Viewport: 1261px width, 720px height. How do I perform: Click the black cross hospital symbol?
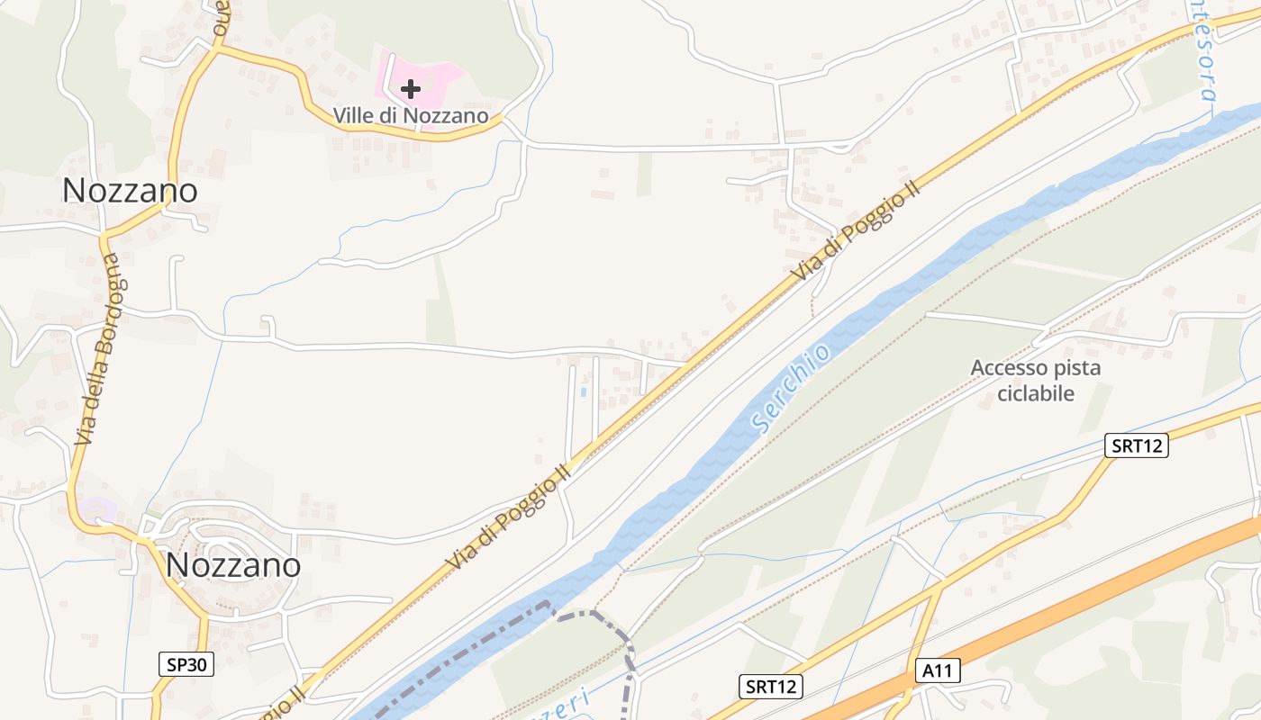point(411,88)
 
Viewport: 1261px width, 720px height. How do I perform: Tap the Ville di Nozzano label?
point(411,116)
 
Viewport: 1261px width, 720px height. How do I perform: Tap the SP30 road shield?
point(187,665)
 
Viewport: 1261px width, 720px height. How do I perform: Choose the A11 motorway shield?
point(939,670)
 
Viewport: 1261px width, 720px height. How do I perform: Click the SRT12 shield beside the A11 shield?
point(772,687)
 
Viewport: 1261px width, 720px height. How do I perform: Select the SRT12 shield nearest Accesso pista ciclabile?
point(1137,445)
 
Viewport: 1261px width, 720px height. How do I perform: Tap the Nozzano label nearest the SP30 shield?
point(233,564)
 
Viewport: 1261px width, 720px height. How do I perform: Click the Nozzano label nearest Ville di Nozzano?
point(130,191)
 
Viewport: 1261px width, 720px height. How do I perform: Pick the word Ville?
point(355,116)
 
